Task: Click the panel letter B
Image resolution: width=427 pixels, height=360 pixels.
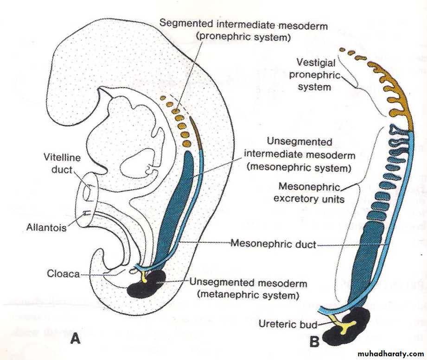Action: pyautogui.click(x=314, y=342)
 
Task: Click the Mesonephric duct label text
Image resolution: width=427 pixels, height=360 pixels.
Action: pyautogui.click(x=273, y=243)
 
